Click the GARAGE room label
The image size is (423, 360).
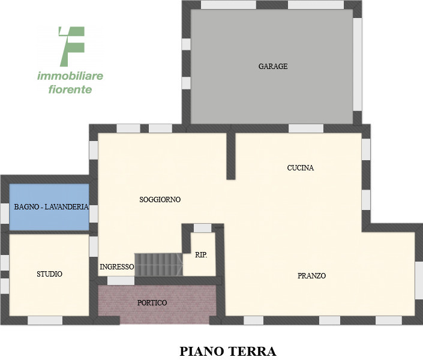pyautogui.click(x=273, y=67)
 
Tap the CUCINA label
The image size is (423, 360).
pyautogui.click(x=301, y=168)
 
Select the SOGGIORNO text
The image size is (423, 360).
pyautogui.click(x=160, y=200)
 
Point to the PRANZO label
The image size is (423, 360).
pyautogui.click(x=312, y=276)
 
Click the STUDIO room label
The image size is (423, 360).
pyautogui.click(x=50, y=274)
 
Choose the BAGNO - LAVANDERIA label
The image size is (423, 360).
pyautogui.click(x=52, y=207)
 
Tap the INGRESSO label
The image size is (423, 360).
pyautogui.click(x=117, y=267)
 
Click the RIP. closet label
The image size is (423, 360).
pyautogui.click(x=202, y=255)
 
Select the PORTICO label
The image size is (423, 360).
pyautogui.click(x=152, y=303)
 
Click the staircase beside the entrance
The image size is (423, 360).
pyautogui.click(x=158, y=264)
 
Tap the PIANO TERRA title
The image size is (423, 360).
pyautogui.click(x=227, y=350)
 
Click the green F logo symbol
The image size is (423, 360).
pyautogui.click(x=71, y=46)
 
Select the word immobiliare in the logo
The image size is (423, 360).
pyautogui.click(x=70, y=76)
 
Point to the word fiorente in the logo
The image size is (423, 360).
pyautogui.click(x=70, y=90)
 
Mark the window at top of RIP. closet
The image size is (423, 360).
pyautogui.click(x=203, y=228)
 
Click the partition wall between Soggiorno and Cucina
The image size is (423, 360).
pyautogui.click(x=230, y=155)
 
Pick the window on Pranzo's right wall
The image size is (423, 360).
pyautogui.click(x=419, y=280)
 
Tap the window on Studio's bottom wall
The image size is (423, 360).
pyautogui.click(x=45, y=320)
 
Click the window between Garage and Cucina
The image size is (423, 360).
pyautogui.click(x=306, y=128)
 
